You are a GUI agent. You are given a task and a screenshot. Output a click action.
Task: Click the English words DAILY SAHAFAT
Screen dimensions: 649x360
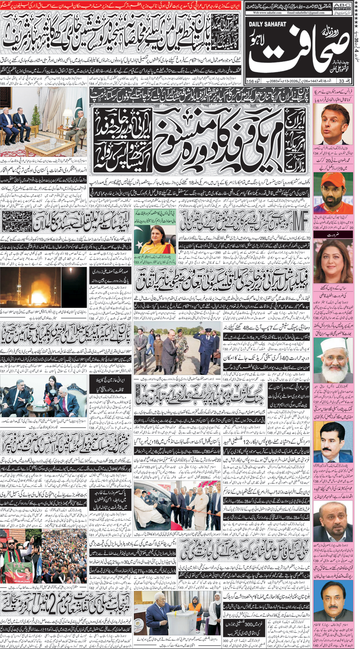(267, 24)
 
